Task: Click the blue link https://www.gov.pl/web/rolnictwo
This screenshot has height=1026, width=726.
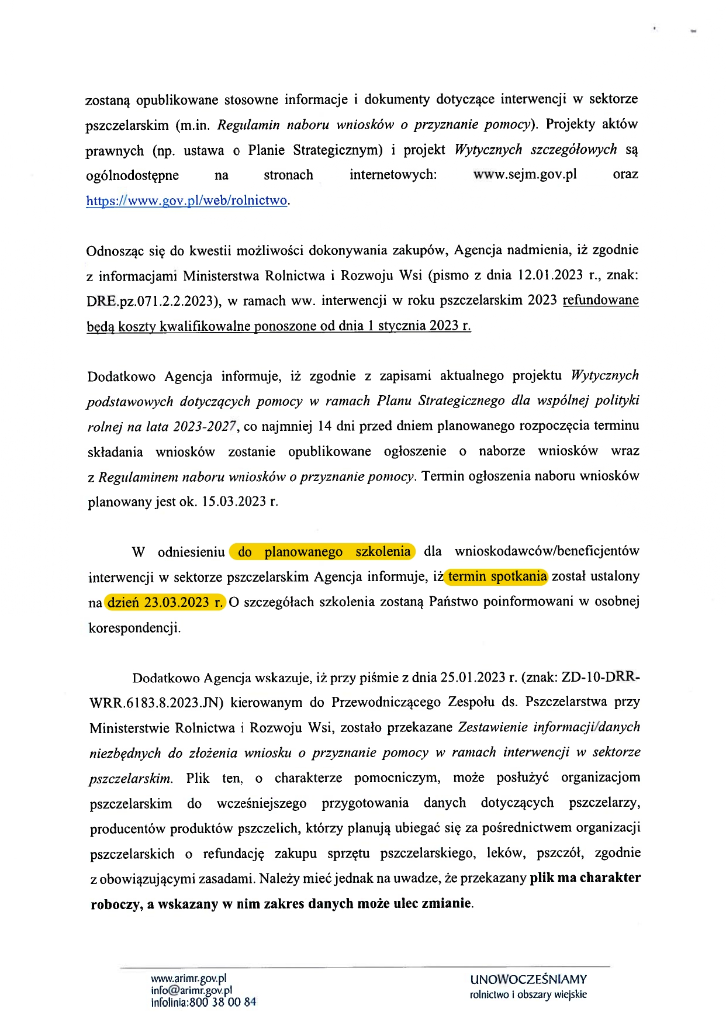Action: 186,201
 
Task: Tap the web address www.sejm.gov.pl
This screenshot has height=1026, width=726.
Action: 524,174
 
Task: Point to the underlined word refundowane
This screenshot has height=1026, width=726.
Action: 600,300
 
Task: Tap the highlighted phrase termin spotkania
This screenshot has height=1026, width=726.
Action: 497,576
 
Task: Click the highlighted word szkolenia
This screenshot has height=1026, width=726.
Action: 383,551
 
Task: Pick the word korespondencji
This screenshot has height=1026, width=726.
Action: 134,628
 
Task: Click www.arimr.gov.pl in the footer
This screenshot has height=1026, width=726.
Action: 188,979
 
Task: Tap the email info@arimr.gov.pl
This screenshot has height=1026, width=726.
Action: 191,990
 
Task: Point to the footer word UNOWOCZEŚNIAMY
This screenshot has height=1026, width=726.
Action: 528,979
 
